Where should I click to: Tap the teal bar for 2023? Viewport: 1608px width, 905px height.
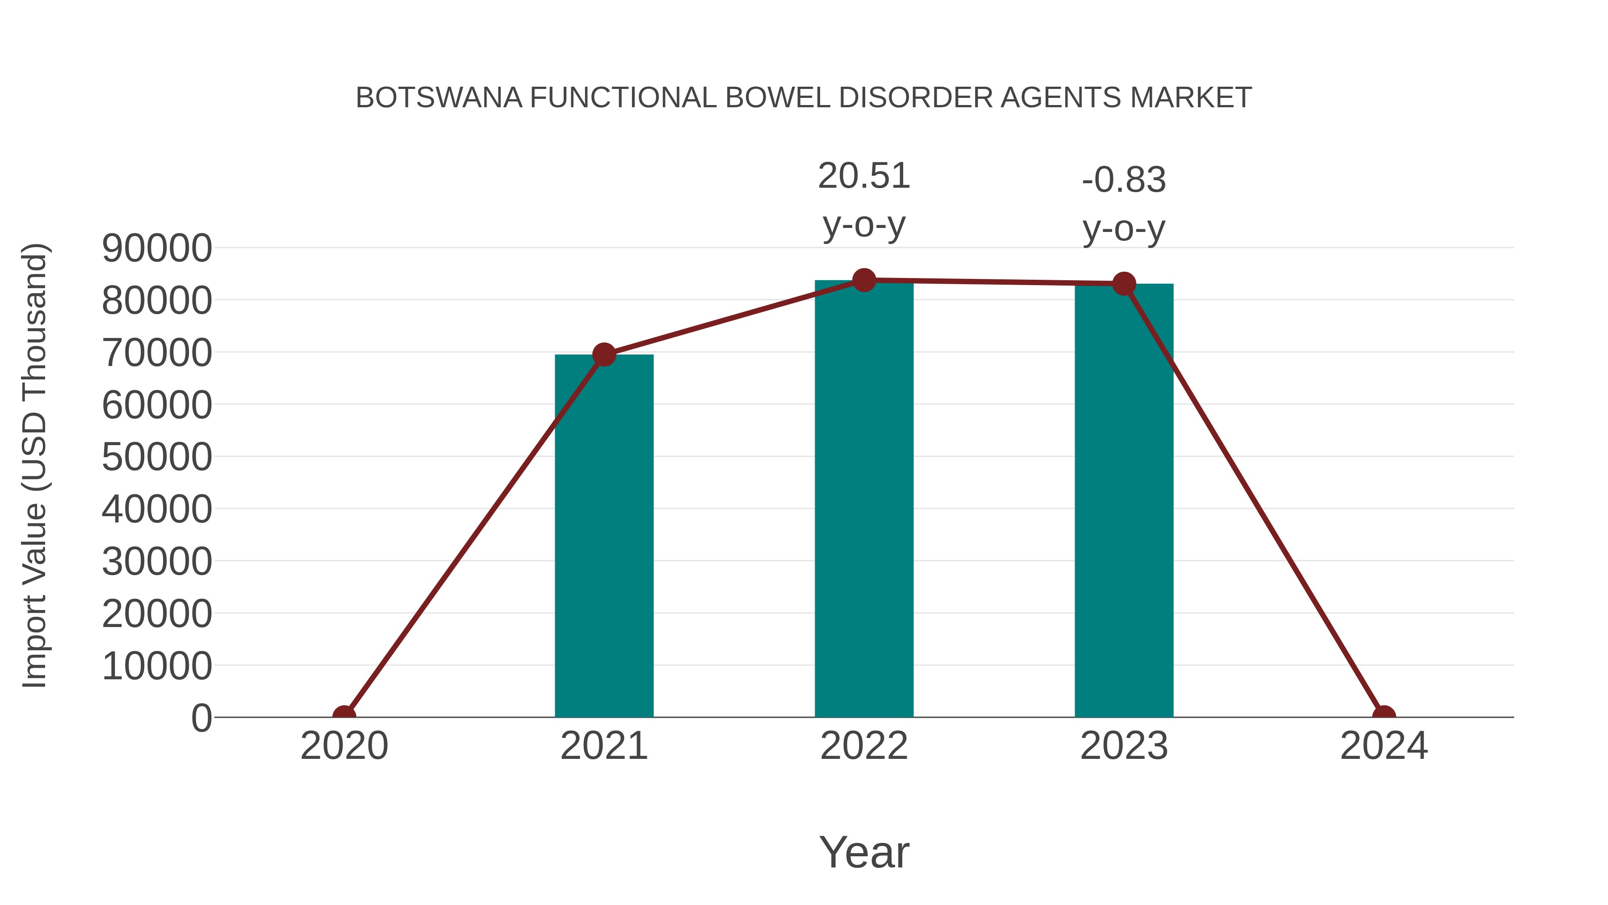[x=1124, y=500]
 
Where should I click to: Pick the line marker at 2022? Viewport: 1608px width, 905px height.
[x=864, y=280]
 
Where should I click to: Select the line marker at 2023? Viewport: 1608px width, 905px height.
[x=1124, y=284]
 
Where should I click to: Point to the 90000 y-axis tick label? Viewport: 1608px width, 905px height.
[x=157, y=248]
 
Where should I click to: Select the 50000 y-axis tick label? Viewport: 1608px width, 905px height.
[x=157, y=457]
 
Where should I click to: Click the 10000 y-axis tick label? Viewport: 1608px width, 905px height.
[x=157, y=666]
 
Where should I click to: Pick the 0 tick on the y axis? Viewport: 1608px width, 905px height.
[x=201, y=718]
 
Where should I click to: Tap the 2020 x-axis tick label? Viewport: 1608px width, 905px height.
[x=344, y=746]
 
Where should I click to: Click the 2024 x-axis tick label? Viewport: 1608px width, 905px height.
[x=1384, y=746]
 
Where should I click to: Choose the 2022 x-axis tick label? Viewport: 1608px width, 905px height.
[x=864, y=746]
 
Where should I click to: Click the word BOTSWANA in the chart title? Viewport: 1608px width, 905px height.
[x=439, y=98]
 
